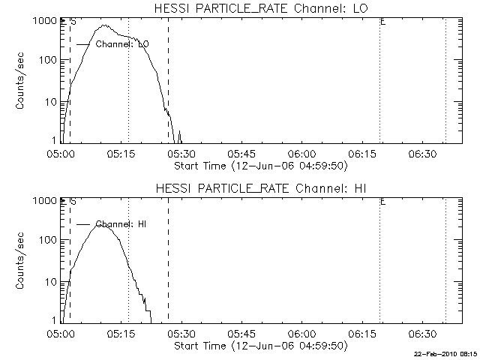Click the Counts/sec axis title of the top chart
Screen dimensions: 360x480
pos(22,82)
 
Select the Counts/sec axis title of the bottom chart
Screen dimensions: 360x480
pos(22,262)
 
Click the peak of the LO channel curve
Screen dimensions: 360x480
pos(104,25)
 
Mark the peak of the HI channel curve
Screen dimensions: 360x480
pos(103,224)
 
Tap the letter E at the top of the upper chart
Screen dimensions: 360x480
pos(383,22)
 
